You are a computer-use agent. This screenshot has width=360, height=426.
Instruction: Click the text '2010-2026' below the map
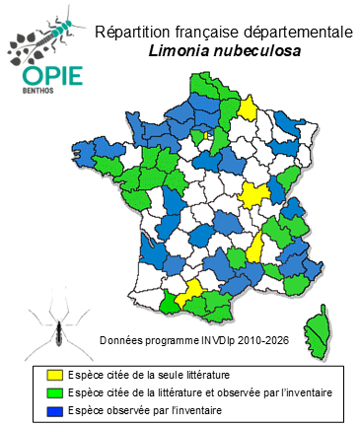(264, 341)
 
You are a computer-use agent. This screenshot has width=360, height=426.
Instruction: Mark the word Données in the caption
(122, 341)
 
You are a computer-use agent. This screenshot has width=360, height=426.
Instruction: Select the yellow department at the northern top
(248, 107)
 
